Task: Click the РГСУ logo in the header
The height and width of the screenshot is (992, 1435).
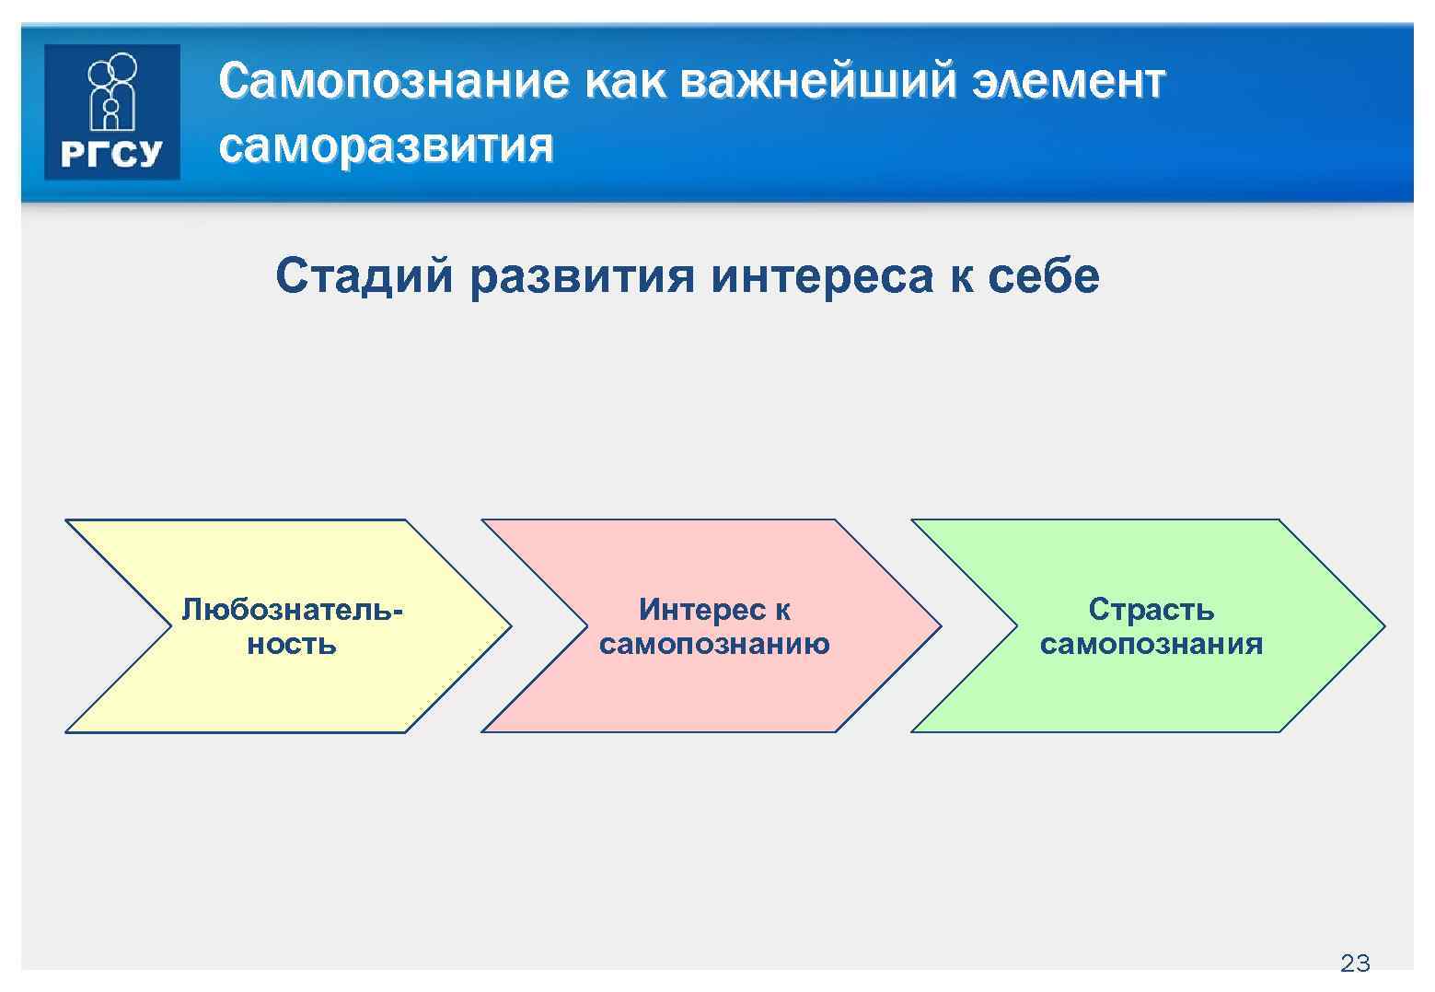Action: coord(111,111)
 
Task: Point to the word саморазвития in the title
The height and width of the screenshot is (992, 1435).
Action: coord(387,146)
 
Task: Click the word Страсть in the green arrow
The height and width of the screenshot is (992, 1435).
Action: coord(1151,609)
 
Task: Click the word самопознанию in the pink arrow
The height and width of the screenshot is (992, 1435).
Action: coord(714,643)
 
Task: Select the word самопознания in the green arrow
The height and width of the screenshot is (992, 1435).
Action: coord(1151,643)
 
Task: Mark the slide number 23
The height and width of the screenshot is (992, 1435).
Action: coord(1355,963)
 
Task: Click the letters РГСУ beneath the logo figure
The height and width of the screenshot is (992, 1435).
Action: coord(111,154)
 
